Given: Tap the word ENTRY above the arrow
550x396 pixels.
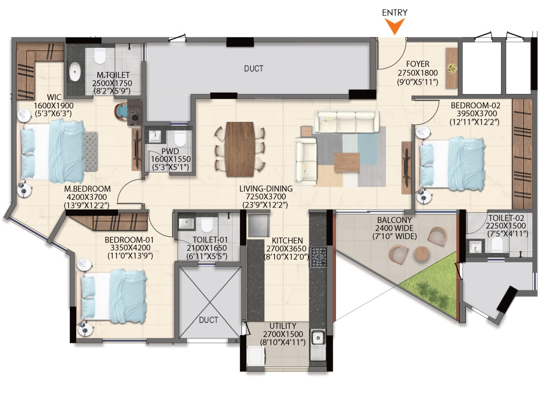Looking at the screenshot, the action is tap(394, 13).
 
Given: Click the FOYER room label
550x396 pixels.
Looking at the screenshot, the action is tap(417, 64).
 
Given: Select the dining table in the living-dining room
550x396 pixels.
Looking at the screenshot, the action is tap(240, 149).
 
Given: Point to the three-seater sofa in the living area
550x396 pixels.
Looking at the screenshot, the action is tap(347, 121).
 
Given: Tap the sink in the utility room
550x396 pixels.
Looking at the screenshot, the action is tap(318, 339).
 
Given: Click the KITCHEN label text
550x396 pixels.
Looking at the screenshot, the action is tap(287, 241).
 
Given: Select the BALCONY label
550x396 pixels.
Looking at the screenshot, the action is tap(394, 220).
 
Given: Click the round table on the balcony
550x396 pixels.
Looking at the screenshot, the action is tap(422, 254).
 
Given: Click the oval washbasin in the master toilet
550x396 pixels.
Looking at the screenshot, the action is tap(75, 71).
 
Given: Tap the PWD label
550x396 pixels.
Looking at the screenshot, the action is tap(170, 152).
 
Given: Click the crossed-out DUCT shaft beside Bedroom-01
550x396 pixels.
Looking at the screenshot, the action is tap(209, 302).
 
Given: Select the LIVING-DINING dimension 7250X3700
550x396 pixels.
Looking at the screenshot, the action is tap(266, 197).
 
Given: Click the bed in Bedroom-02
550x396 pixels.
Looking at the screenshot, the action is tap(451, 164).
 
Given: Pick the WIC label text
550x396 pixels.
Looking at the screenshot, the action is tap(54, 97).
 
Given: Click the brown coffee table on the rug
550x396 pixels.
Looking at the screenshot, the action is tap(347, 162).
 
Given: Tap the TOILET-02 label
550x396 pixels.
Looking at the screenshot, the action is tap(505, 218).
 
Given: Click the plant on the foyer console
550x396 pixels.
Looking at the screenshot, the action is tap(452, 68).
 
